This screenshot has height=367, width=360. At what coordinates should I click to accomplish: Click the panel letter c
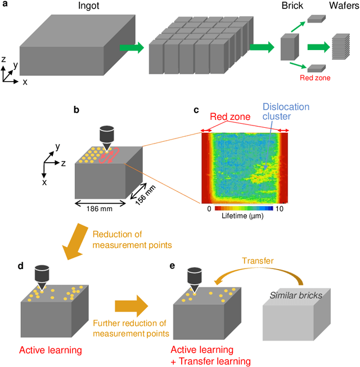(x=196, y=110)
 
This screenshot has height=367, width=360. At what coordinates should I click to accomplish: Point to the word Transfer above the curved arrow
(x=242, y=261)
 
